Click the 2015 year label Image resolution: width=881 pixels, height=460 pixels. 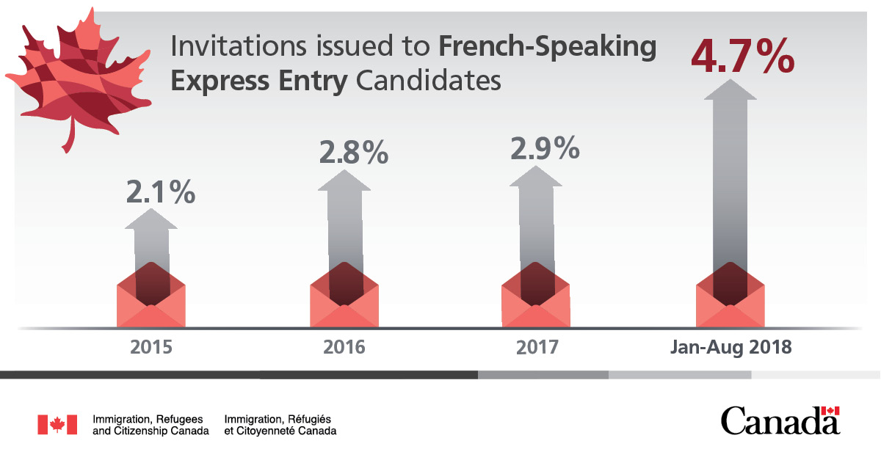151,346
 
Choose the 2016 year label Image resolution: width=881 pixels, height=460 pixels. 344,346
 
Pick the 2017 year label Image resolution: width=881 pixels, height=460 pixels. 536,346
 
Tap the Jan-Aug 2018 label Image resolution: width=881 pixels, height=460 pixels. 730,346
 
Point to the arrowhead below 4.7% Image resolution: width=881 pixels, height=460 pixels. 730,90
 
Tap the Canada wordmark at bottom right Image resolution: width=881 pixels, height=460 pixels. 780,421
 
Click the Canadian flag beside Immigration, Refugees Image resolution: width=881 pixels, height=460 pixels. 57,424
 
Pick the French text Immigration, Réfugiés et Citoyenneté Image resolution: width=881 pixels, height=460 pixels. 280,424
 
